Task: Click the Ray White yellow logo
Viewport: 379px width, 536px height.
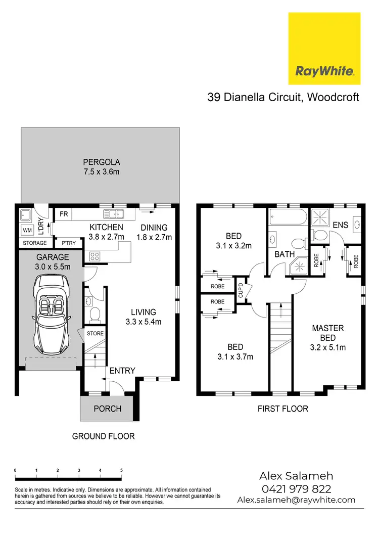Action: click(324, 49)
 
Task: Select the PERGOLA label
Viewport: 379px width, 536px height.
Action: click(102, 163)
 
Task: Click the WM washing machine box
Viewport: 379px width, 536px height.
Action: click(28, 231)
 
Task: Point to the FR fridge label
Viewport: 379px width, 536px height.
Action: click(64, 214)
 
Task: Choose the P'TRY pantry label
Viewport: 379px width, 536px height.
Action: click(68, 243)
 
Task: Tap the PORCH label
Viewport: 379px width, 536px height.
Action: click(108, 408)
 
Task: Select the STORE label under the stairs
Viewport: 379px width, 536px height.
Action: click(94, 333)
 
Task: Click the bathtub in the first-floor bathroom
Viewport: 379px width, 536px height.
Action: click(287, 218)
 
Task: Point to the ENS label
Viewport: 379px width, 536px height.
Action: click(340, 225)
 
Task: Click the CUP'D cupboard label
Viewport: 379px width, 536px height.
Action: click(241, 289)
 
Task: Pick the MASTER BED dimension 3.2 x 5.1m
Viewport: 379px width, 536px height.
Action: click(327, 347)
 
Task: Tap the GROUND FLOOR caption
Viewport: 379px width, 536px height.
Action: click(104, 436)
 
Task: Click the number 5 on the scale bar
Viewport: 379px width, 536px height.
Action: click(121, 470)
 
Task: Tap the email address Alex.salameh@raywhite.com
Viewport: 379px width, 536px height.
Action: click(296, 500)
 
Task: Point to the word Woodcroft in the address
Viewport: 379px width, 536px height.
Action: click(331, 97)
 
